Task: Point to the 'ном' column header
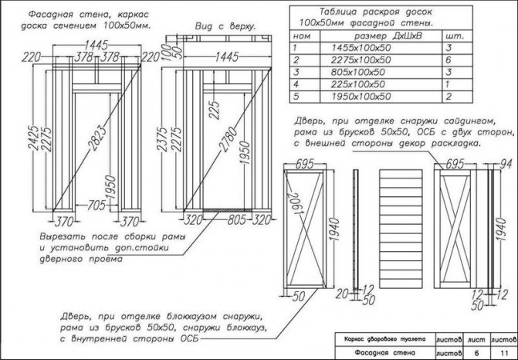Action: (303, 36)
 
